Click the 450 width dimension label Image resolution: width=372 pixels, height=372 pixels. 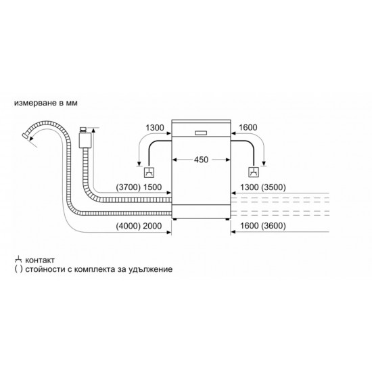(x=201, y=160)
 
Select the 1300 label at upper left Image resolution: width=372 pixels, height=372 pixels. (x=155, y=128)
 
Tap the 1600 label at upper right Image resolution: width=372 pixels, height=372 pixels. (x=248, y=127)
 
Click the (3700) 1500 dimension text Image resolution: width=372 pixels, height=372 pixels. (x=139, y=187)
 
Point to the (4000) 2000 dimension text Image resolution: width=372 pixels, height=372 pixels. (x=139, y=226)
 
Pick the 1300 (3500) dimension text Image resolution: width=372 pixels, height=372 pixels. (x=263, y=187)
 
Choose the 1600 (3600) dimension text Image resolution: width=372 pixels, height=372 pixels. (x=263, y=226)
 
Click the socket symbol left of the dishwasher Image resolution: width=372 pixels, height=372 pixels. (x=149, y=172)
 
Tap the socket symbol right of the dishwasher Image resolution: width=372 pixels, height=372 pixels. (x=254, y=172)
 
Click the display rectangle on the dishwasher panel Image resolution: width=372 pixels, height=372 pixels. (x=201, y=133)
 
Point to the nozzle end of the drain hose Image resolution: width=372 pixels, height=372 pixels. (x=24, y=136)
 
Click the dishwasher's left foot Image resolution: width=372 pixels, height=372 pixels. (x=175, y=219)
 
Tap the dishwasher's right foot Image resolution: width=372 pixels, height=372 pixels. (x=227, y=219)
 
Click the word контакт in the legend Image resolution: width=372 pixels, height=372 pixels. (x=40, y=260)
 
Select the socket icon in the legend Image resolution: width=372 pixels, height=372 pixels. (x=18, y=260)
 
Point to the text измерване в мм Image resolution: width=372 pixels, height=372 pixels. (x=46, y=103)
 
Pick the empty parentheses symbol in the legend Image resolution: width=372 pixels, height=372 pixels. (x=18, y=269)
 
